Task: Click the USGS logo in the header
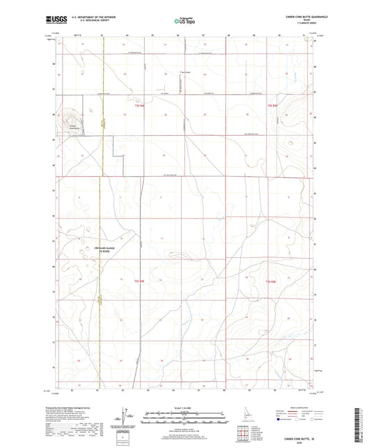click(x=55, y=21)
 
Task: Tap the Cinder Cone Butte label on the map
click(x=72, y=127)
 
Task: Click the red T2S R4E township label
click(x=139, y=106)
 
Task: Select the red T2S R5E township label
click(x=273, y=106)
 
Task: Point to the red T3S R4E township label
click(x=138, y=280)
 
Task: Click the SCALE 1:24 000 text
click(x=184, y=407)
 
